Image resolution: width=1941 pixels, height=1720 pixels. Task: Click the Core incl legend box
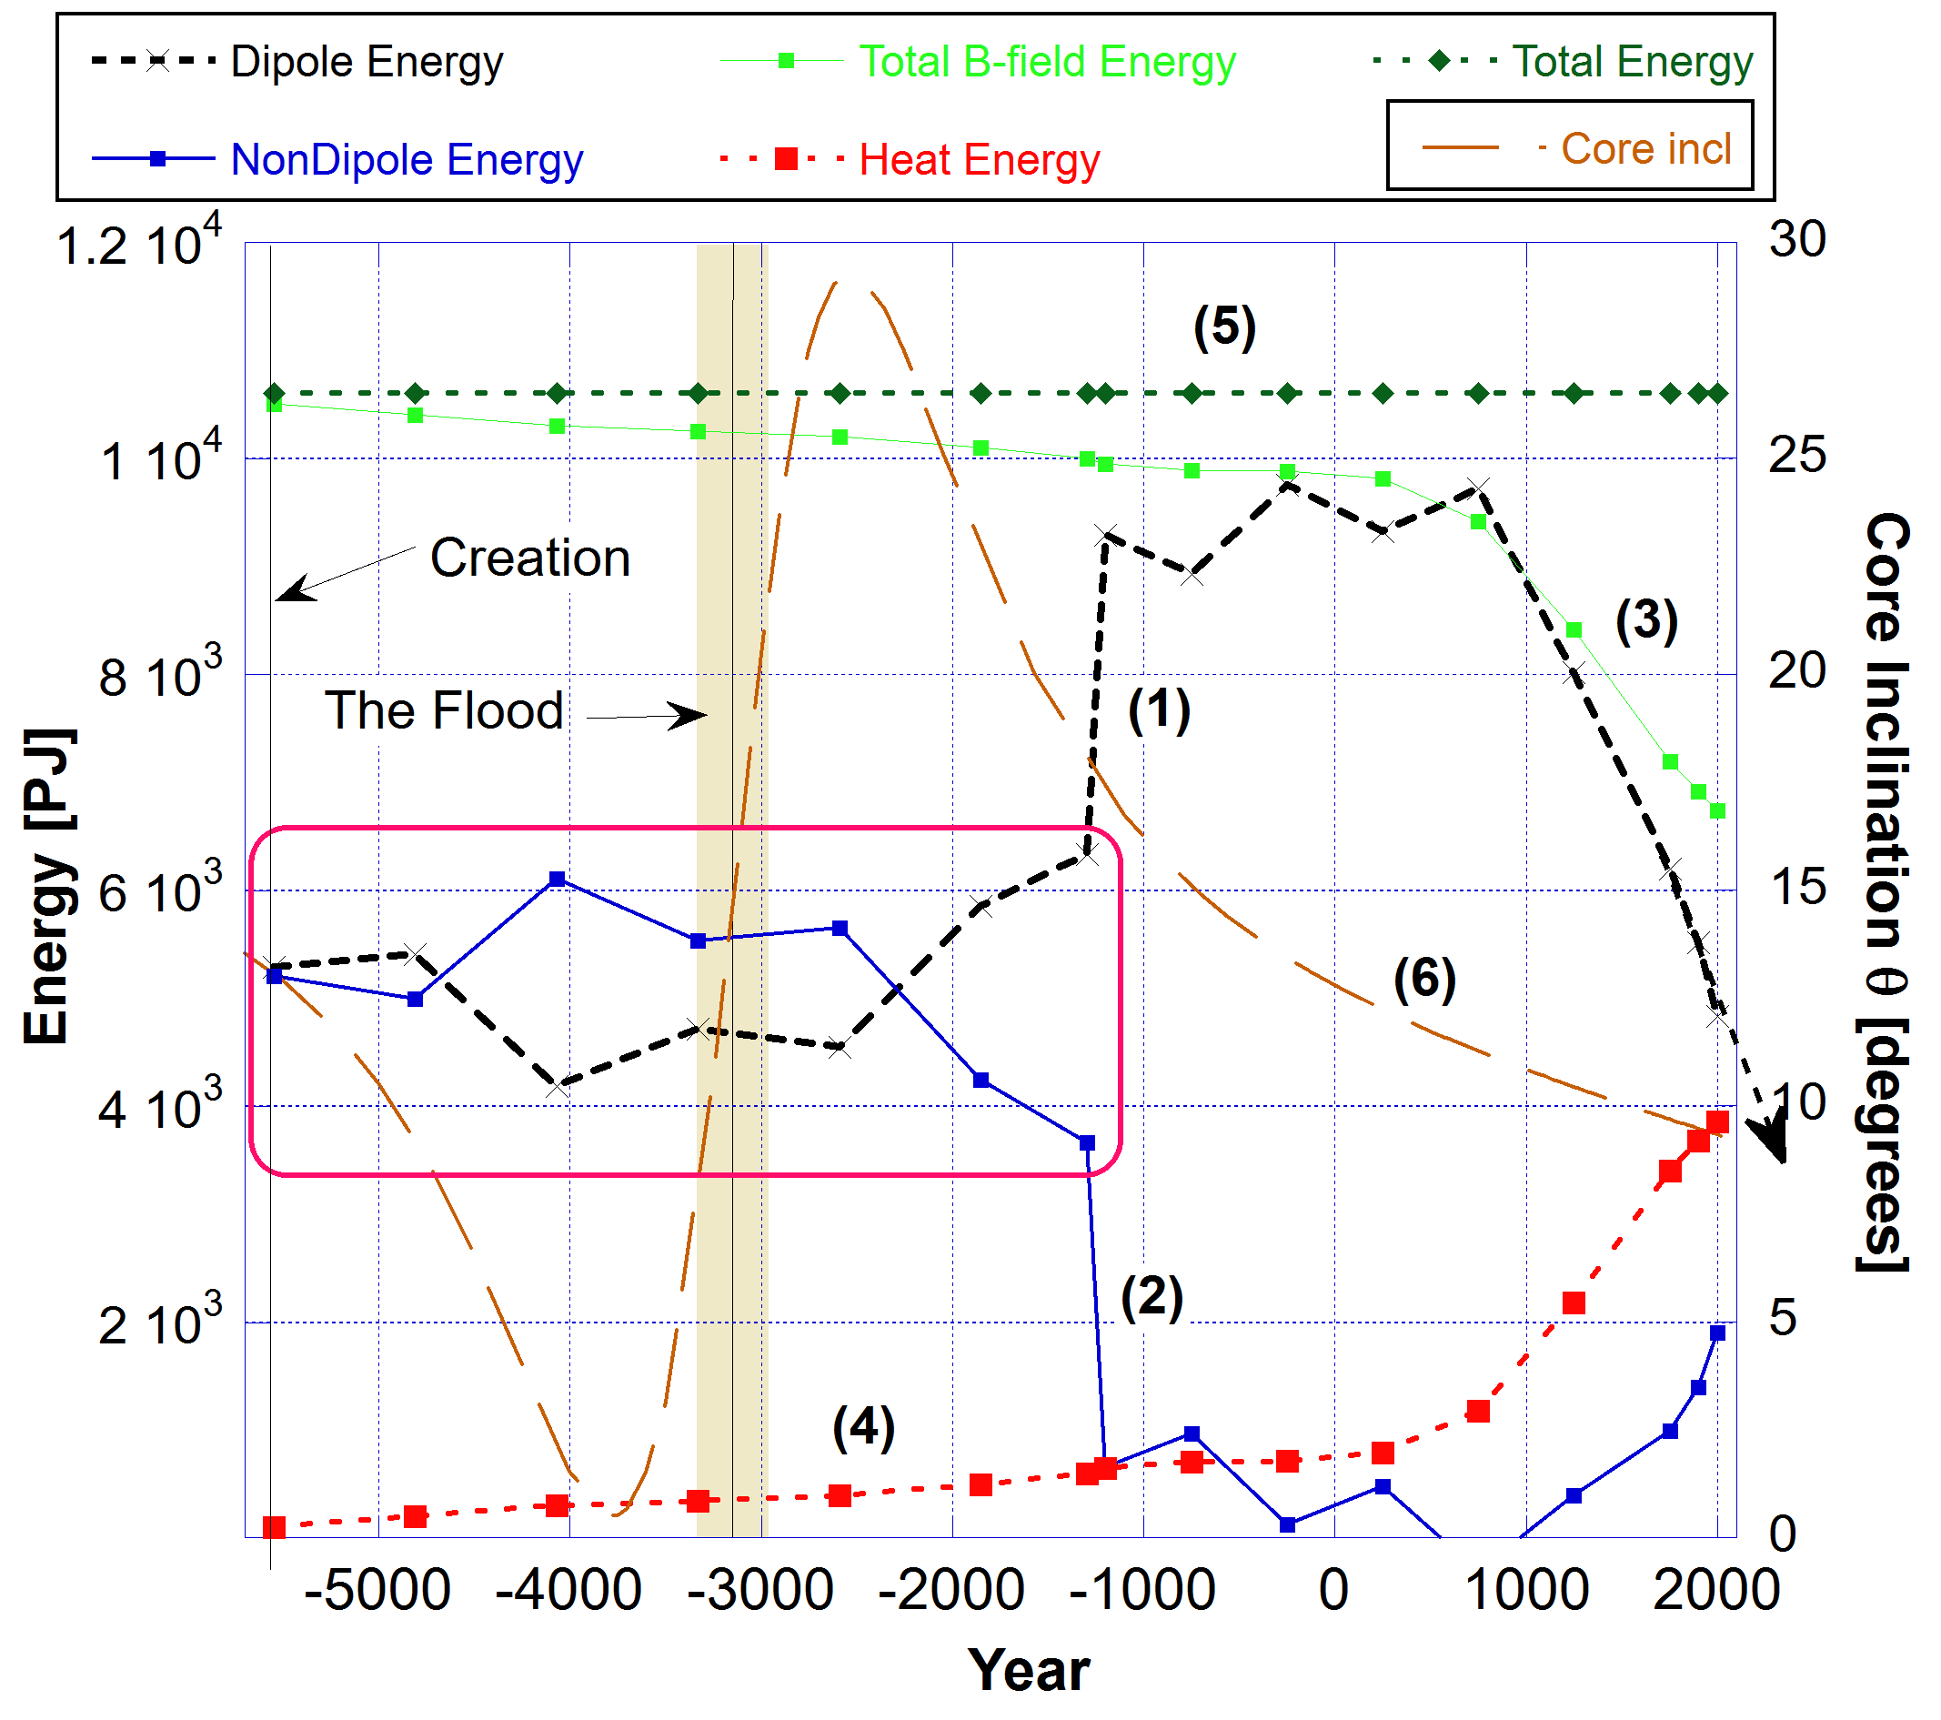click(x=1570, y=146)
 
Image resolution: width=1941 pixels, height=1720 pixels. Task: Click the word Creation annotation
click(x=530, y=558)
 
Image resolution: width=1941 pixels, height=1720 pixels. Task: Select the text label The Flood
click(x=444, y=710)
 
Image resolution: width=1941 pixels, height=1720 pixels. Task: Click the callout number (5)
click(x=1224, y=327)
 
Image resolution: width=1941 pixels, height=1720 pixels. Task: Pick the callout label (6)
click(x=1424, y=980)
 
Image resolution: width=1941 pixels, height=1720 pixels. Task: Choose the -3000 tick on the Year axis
click(x=759, y=1590)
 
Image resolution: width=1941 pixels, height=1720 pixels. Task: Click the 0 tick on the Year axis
click(x=1333, y=1590)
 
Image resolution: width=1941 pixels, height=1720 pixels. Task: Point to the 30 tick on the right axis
click(x=1796, y=239)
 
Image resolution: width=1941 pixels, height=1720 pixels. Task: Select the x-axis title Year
click(x=1029, y=1671)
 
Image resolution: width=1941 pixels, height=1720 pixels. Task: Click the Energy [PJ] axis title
click(x=47, y=887)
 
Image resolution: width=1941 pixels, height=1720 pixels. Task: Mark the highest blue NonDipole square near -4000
click(x=558, y=880)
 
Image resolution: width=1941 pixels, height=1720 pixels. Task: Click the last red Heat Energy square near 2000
click(x=1717, y=1122)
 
